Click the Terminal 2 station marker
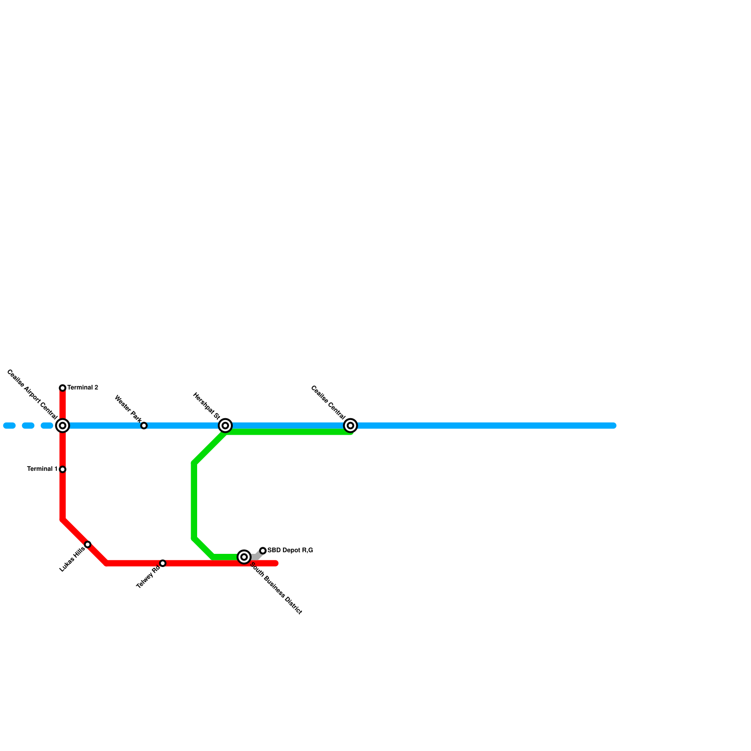(62, 388)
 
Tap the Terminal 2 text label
(83, 388)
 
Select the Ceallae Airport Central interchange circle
(62, 426)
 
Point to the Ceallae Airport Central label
(32, 395)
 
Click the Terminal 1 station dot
(62, 469)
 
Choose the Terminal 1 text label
(42, 469)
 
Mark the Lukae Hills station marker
(88, 544)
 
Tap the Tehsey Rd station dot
(163, 563)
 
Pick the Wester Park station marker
(144, 426)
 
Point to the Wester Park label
(128, 409)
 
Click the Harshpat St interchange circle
(225, 426)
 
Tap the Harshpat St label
(207, 406)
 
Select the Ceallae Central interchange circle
(351, 426)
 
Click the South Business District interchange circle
(244, 557)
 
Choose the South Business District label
(276, 589)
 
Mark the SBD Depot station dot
(263, 551)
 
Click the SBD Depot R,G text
(290, 551)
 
